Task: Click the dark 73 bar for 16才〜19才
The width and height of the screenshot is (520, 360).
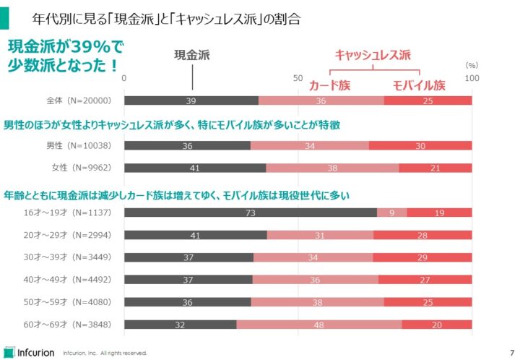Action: tap(251, 213)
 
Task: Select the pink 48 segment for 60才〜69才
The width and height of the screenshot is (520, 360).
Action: tap(318, 325)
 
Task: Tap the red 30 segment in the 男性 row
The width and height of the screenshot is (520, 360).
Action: tap(420, 145)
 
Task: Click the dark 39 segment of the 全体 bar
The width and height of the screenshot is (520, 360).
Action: tap(191, 100)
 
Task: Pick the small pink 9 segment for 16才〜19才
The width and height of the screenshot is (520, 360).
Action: tap(392, 213)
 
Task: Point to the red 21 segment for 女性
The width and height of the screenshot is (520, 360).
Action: tap(435, 168)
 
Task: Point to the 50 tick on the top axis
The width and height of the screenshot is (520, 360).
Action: tap(298, 77)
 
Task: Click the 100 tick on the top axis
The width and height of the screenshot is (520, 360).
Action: tap(472, 77)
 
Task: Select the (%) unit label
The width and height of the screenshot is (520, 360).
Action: tap(472, 64)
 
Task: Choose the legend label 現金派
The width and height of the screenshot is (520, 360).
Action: tap(192, 55)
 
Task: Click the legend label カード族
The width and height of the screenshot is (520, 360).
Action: tap(329, 85)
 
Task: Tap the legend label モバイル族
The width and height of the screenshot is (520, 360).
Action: tap(419, 85)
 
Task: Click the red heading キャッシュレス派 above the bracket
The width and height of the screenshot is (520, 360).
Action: tap(372, 54)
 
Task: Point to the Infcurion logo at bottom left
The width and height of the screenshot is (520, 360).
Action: tap(29, 351)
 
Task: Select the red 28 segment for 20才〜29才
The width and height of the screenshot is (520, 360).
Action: tap(422, 235)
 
